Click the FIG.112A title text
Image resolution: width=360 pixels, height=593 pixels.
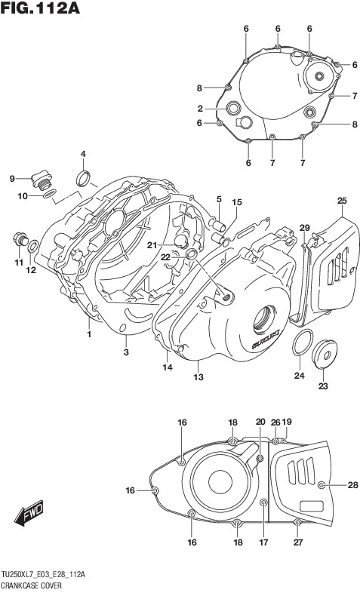point(41,8)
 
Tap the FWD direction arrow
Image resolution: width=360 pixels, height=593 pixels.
point(29,513)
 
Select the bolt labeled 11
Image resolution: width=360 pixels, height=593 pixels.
point(20,239)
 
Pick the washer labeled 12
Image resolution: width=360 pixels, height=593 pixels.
point(33,246)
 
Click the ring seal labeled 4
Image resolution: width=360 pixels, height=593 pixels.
point(83,178)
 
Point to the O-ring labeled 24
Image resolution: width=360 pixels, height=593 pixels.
point(303,343)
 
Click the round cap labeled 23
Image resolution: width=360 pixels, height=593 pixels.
point(325,354)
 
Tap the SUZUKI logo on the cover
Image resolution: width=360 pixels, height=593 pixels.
point(266,340)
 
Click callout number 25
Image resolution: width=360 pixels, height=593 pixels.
point(342,201)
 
